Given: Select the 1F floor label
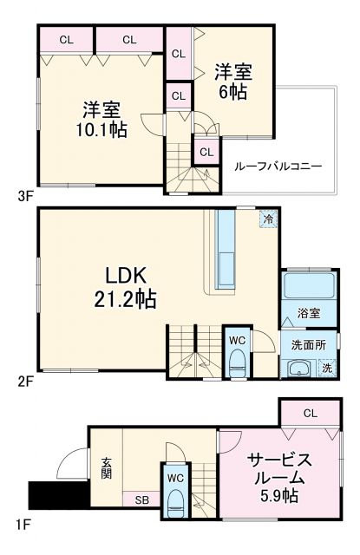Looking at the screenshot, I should tap(23, 524).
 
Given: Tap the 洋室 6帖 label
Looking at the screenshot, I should tap(232, 81).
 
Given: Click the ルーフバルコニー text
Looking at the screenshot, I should tap(278, 165).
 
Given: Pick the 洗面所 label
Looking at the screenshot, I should tap(309, 344).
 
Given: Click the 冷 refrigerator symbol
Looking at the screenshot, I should tap(269, 219).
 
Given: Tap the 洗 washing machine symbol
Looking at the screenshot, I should tap(326, 368).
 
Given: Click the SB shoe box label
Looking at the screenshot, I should tap(140, 499).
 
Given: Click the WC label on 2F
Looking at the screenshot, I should tap(237, 340).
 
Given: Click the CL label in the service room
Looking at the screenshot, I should tap(310, 414).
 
